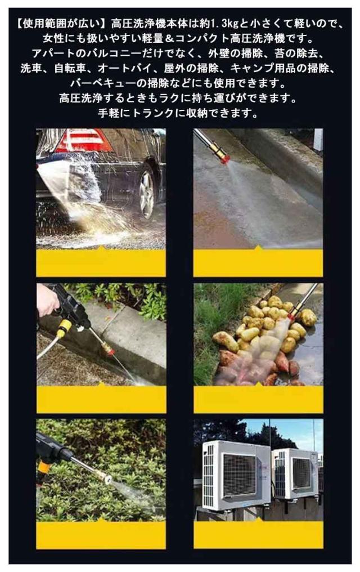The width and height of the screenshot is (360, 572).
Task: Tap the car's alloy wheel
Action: pyautogui.click(x=147, y=194)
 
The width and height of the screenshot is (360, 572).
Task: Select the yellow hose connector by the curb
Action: pyautogui.click(x=65, y=327)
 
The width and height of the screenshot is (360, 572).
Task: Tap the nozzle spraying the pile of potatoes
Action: pyautogui.click(x=292, y=314)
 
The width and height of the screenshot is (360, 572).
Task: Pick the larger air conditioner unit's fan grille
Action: pyautogui.click(x=239, y=475)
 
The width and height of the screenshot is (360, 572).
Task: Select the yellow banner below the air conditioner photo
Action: pyautogui.click(x=258, y=534)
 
